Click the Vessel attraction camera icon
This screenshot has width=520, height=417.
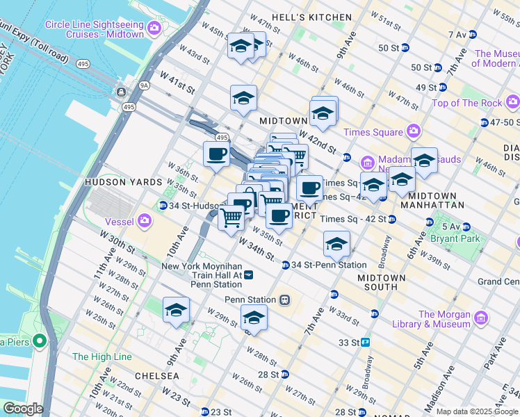(145, 222)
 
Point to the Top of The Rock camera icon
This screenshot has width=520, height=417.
(512, 103)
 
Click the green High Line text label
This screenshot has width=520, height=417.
(101, 357)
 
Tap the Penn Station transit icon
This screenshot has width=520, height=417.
(284, 300)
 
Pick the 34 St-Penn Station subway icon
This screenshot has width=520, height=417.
(285, 265)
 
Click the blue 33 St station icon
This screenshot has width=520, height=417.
(365, 343)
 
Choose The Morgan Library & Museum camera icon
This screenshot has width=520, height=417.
(480, 319)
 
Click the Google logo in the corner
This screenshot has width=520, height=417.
(22, 409)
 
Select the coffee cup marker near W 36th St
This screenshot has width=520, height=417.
(216, 154)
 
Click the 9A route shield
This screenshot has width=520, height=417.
(145, 85)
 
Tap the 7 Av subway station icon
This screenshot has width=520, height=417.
(473, 34)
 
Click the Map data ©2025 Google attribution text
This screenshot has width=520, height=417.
(477, 411)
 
